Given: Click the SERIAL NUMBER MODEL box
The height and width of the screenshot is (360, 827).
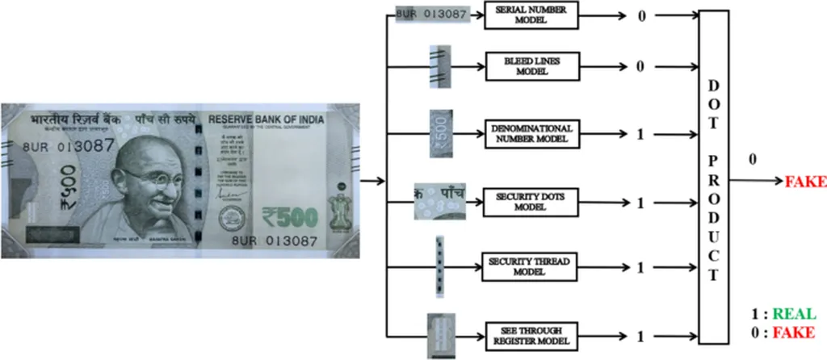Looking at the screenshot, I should [531, 15].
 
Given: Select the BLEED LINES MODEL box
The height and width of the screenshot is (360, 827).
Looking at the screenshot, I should [531, 66].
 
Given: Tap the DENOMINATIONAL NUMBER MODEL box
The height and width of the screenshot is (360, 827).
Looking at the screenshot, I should [531, 133].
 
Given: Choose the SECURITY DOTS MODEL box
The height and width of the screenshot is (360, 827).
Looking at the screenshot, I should [531, 202].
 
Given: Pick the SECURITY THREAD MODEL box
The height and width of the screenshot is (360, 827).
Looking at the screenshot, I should [531, 267].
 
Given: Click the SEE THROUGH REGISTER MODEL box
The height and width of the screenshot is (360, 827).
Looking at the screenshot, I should [531, 335].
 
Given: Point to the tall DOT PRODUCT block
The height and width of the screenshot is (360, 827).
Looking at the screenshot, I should [714, 176].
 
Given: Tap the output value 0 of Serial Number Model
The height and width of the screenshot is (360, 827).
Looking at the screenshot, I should [640, 15].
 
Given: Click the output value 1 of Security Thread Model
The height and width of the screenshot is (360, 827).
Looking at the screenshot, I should [640, 267].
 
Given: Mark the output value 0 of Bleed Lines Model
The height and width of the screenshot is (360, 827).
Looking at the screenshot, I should [640, 66].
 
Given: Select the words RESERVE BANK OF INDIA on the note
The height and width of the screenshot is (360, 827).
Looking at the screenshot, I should [266, 120].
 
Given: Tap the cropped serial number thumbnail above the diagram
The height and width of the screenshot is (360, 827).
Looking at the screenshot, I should [433, 15].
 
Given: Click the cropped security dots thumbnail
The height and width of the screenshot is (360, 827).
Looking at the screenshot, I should [438, 201].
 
